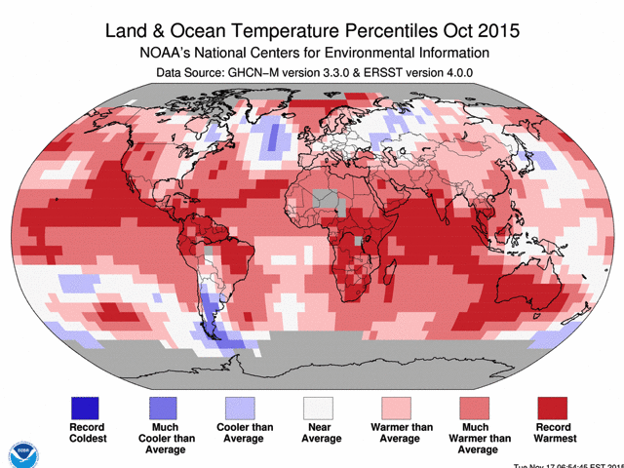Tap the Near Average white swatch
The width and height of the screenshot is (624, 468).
pyautogui.click(x=319, y=408)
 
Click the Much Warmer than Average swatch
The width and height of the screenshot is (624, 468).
pyautogui.click(x=478, y=408)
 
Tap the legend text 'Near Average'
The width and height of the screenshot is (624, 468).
pyautogui.click(x=319, y=433)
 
